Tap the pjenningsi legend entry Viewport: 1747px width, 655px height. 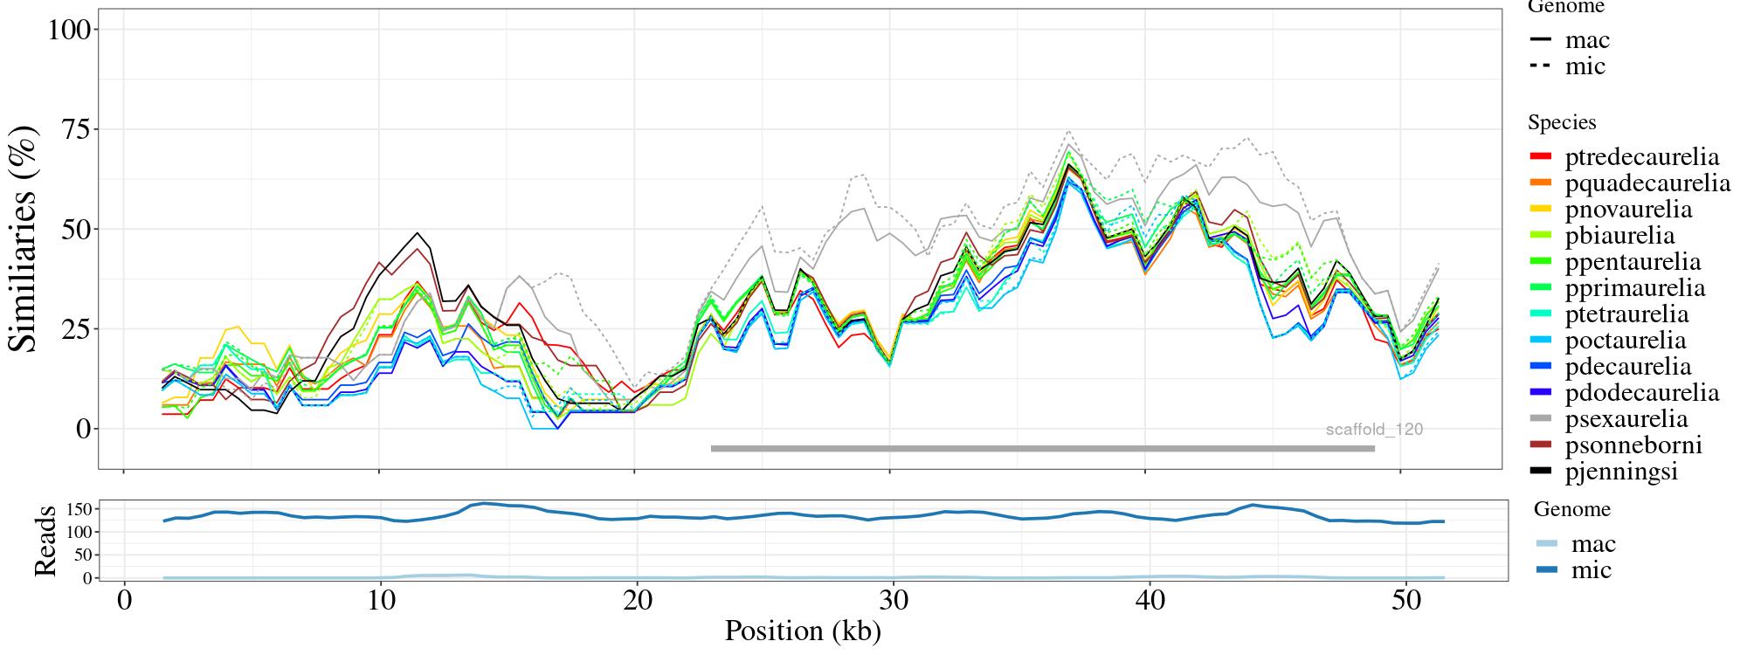1621,472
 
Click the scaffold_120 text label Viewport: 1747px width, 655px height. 1374,430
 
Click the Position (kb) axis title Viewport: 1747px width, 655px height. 803,631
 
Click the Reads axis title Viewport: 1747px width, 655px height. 45,541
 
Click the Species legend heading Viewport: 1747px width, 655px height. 1562,123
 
